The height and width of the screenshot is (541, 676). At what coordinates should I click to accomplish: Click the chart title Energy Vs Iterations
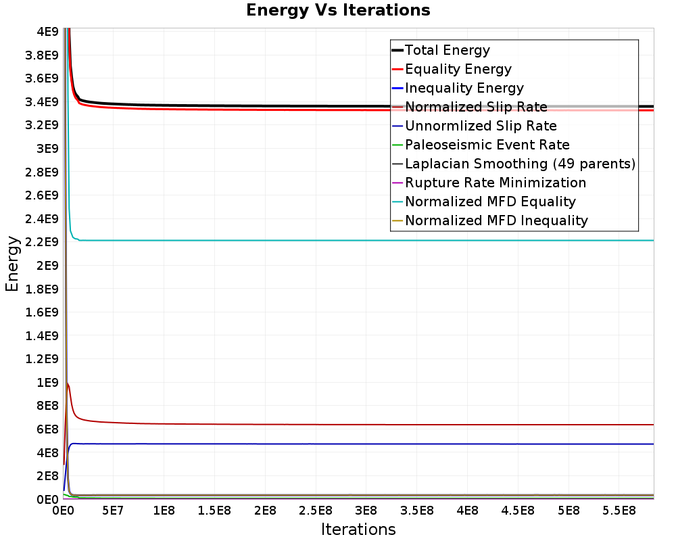tap(338, 10)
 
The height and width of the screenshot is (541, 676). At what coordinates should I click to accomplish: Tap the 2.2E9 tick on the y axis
tap(41, 242)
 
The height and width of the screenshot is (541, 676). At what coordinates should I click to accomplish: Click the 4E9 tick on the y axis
tap(47, 32)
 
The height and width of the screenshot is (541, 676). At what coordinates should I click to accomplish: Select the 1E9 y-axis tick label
tap(47, 383)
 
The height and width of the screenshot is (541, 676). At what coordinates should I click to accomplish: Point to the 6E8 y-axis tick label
tap(47, 429)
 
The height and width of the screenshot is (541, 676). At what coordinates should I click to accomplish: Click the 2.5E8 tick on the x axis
tap(316, 511)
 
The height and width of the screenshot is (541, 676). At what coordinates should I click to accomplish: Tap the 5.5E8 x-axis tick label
tap(619, 511)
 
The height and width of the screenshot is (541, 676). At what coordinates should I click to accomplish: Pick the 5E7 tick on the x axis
tap(113, 511)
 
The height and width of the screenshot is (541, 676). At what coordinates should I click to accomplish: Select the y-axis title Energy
tap(12, 264)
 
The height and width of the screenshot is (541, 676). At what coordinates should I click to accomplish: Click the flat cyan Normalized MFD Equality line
tap(366, 240)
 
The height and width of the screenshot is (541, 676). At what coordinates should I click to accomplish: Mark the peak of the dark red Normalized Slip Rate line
tap(67, 383)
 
